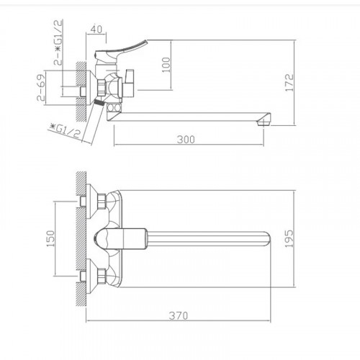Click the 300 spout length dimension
(x=187, y=140)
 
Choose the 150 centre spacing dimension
(x=50, y=238)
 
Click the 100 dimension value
(x=167, y=66)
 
